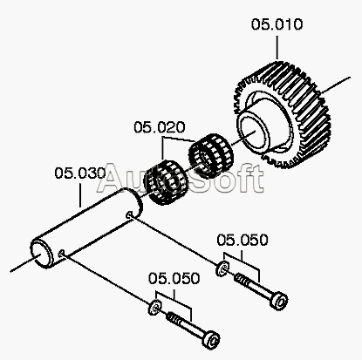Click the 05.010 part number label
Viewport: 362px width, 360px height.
coord(277,24)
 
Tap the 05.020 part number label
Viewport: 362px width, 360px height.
coord(160,127)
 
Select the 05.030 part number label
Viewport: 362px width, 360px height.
coord(80,173)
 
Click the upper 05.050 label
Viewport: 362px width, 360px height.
coord(242,240)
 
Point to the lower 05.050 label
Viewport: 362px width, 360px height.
coord(174,278)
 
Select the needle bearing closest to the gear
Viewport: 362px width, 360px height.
coord(211,156)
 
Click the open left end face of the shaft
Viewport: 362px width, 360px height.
coord(42,254)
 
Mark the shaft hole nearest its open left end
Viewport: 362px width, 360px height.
coord(61,255)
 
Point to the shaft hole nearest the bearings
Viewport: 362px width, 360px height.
coord(129,215)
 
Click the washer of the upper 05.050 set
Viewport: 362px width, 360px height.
coord(222,268)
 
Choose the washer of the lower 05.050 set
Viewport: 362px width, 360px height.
coord(154,307)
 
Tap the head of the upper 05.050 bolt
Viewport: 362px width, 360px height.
coord(279,301)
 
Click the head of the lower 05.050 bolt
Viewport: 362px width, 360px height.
coord(211,339)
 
